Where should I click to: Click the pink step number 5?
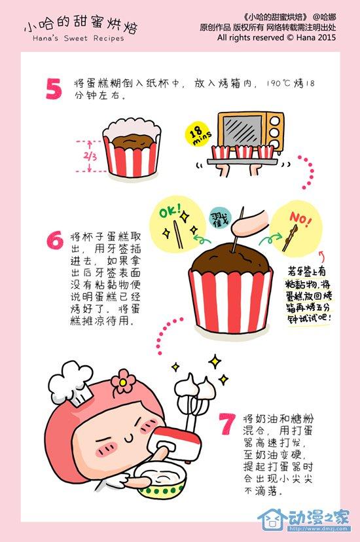point(54,88)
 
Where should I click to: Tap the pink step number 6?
point(55,240)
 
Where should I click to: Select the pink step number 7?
point(228,424)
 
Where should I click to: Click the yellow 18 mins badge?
point(198,134)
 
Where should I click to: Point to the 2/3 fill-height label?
point(90,156)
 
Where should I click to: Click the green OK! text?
point(170,211)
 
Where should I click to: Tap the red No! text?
point(300,219)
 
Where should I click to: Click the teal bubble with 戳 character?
point(220,219)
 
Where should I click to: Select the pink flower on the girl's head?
point(123,381)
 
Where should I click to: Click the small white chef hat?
point(71,383)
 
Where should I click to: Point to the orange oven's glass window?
point(243,131)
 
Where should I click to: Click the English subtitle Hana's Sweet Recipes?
point(79,39)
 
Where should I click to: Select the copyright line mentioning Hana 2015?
point(276,37)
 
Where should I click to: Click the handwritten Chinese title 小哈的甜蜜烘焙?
point(81,26)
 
